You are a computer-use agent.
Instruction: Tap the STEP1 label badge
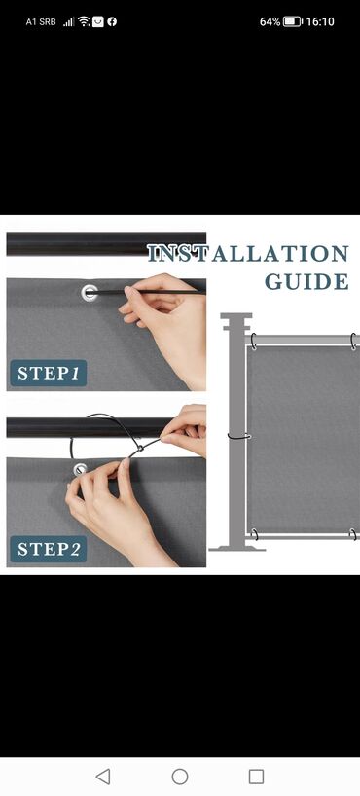point(49,373)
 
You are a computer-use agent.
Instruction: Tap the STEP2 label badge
point(49,549)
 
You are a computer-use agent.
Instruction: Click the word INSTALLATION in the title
point(248,253)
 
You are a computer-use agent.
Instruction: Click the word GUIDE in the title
point(306,282)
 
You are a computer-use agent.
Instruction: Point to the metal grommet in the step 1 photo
point(90,292)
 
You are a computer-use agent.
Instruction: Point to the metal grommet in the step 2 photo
point(80,469)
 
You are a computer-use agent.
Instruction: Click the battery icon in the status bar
point(293,21)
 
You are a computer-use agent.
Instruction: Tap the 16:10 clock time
point(320,21)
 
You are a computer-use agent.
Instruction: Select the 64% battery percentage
point(270,21)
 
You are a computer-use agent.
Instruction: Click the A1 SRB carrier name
point(41,21)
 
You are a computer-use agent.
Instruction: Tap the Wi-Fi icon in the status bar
point(84,21)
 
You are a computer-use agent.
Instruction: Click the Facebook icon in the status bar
point(112,21)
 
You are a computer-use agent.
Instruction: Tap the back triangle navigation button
point(103,777)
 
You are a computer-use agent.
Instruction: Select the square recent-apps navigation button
point(257,777)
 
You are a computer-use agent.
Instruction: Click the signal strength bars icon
point(69,21)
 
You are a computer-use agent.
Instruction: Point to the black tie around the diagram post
point(238,436)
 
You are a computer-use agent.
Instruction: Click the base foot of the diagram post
point(237,548)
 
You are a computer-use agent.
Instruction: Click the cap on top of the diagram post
point(236,322)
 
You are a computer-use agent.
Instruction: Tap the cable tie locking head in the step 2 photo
point(138,449)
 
